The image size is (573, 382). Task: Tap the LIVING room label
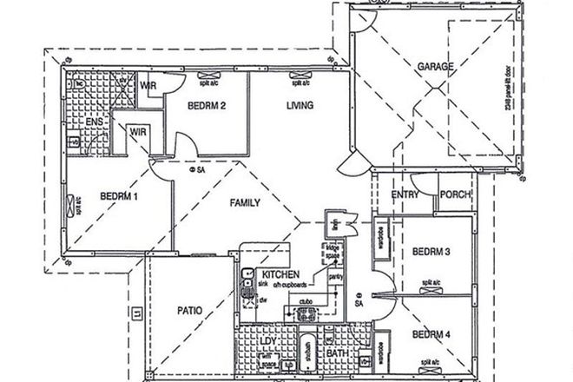tap(299, 106)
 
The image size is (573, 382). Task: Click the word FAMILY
tap(246, 202)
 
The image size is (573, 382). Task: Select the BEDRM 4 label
tap(431, 334)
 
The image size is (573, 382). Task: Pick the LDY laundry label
tap(268, 341)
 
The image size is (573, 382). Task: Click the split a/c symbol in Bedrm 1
tap(70, 206)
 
